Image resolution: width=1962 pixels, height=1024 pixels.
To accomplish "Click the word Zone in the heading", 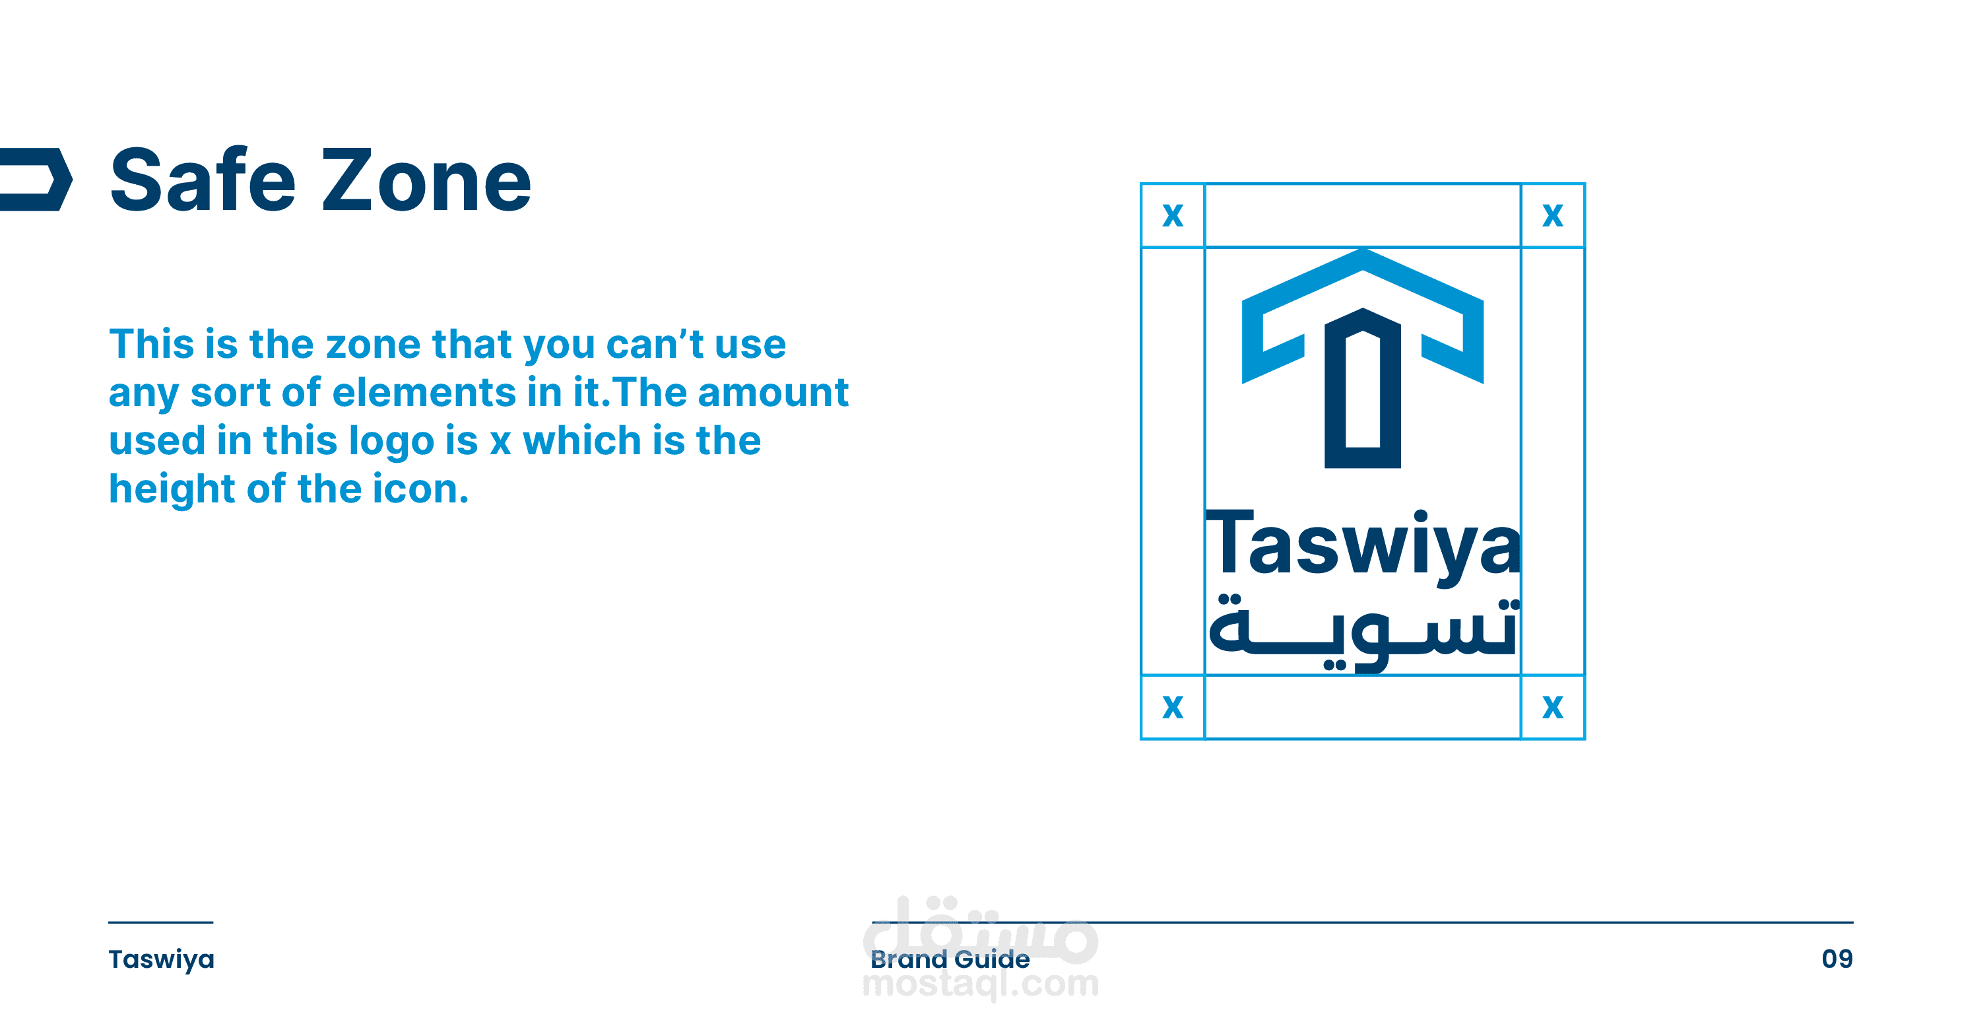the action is pyautogui.click(x=426, y=181).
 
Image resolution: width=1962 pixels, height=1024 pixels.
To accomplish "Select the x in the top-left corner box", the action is pyautogui.click(x=1173, y=216).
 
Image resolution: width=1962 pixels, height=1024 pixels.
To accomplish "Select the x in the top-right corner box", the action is pyautogui.click(x=1552, y=216).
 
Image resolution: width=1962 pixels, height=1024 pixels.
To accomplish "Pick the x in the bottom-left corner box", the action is pyautogui.click(x=1173, y=707).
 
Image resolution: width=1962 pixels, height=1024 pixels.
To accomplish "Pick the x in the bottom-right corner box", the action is pyautogui.click(x=1552, y=707).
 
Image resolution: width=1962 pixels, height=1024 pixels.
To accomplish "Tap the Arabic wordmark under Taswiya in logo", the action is pyautogui.click(x=1363, y=634).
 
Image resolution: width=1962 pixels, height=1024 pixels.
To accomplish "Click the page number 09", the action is pyautogui.click(x=1837, y=959).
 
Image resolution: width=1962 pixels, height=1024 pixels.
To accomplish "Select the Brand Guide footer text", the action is pyautogui.click(x=950, y=959).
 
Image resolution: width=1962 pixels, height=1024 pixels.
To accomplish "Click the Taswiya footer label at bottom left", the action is pyautogui.click(x=162, y=960).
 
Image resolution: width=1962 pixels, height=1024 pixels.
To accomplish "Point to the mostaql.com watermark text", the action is pyautogui.click(x=981, y=984).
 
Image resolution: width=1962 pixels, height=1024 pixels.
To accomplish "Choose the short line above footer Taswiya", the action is pyautogui.click(x=161, y=922).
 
